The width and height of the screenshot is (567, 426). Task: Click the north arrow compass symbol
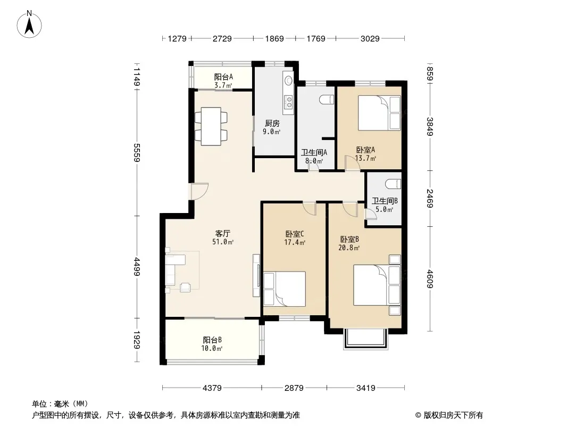29,24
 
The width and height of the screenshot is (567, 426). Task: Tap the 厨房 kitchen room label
272,124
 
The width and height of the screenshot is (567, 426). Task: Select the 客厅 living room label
223,233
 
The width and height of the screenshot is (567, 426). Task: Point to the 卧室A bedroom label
365,150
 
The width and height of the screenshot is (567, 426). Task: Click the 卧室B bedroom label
349,239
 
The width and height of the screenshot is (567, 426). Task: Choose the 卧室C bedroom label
295,234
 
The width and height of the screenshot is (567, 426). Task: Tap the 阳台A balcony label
223,77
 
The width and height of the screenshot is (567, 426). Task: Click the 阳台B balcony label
212,340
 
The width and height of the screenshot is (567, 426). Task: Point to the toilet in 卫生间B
394,184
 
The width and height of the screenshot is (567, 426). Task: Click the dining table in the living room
211,126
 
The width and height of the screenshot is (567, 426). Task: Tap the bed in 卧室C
285,289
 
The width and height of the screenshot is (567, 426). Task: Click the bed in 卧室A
379,113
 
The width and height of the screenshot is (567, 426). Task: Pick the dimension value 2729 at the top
222,38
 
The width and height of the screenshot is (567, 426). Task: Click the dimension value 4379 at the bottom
212,388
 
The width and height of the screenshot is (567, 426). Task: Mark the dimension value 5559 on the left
137,152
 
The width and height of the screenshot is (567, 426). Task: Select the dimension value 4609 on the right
430,278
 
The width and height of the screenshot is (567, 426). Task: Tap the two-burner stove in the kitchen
289,102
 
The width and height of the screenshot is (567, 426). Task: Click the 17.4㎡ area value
295,242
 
